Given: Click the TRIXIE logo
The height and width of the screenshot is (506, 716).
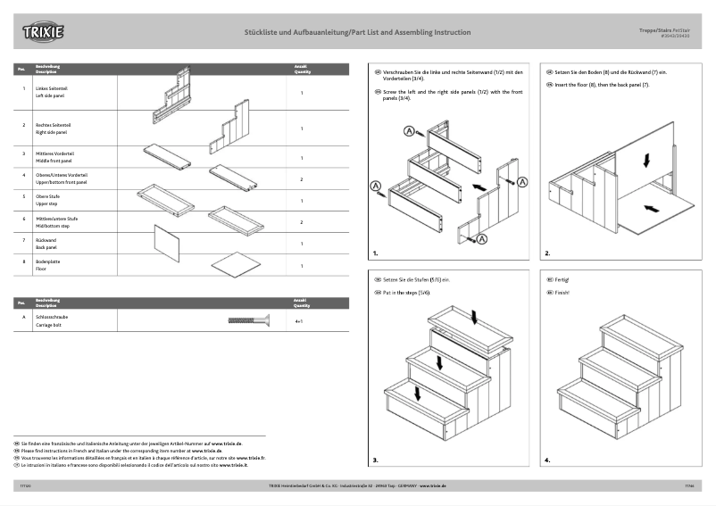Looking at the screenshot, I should pyautogui.click(x=43, y=33).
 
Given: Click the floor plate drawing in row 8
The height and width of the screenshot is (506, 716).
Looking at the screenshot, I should pyautogui.click(x=235, y=264).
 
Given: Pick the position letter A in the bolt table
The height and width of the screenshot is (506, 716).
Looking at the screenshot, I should pyautogui.click(x=23, y=317).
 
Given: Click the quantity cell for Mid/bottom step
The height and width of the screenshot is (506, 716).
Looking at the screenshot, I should pyautogui.click(x=301, y=221).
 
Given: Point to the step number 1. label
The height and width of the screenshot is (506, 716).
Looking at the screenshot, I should pyautogui.click(x=377, y=253).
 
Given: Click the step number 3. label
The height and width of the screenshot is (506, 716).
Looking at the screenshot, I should pyautogui.click(x=376, y=460).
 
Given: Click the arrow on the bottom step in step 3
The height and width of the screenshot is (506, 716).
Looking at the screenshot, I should pyautogui.click(x=416, y=394).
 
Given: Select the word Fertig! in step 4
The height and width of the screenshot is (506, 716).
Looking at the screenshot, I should pyautogui.click(x=562, y=279).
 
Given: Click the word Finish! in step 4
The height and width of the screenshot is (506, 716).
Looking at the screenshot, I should pyautogui.click(x=562, y=293).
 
